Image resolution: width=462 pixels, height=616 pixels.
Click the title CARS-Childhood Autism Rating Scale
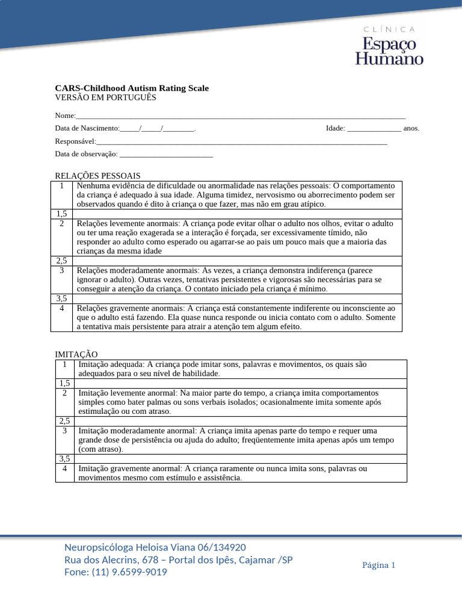[132, 88]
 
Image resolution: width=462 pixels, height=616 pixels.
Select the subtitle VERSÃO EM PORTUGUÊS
[105, 97]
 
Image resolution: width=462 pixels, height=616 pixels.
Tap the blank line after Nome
[241, 115]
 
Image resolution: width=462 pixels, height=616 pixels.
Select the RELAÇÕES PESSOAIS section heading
[97, 176]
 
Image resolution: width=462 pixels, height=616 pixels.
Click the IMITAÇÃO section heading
[76, 355]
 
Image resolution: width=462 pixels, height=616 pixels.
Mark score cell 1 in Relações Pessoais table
[62, 186]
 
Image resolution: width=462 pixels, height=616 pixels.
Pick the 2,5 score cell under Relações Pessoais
[62, 261]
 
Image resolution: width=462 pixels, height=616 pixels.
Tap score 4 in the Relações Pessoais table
[62, 308]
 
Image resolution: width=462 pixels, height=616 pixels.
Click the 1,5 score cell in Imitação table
[64, 383]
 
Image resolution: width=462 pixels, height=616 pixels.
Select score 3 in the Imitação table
[64, 431]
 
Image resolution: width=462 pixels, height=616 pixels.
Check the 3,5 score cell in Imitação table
[64, 458]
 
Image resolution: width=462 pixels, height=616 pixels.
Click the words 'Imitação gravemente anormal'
[129, 469]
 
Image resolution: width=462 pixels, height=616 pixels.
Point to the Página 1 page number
[378, 565]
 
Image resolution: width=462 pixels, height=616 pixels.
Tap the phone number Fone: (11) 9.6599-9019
[115, 572]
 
